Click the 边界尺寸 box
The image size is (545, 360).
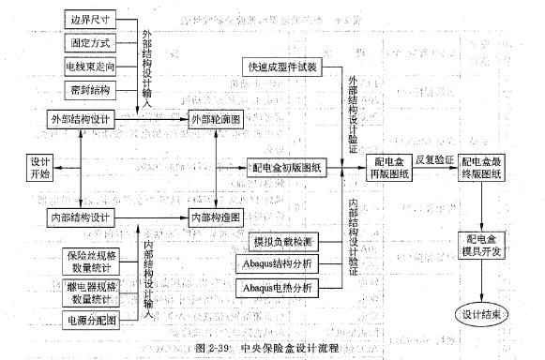88,19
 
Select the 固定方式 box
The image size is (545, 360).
88,43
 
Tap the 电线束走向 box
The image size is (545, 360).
88,67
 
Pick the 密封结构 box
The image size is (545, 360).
88,92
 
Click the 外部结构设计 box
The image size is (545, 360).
81,119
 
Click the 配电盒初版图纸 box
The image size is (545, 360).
285,164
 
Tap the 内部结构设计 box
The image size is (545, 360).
81,217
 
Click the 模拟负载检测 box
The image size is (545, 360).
281,242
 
